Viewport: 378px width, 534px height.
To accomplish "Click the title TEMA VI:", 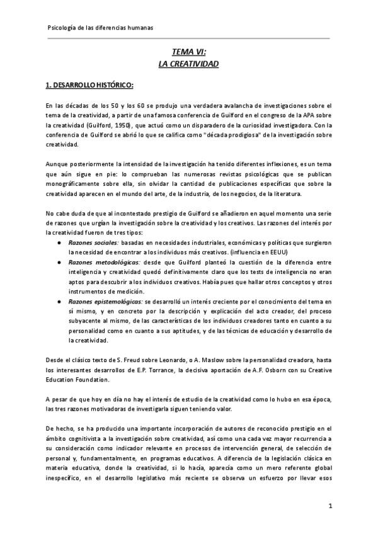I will coord(188,54).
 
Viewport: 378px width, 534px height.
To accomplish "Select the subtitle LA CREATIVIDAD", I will coord(188,65).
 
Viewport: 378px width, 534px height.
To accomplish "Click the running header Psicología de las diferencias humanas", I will coord(100,28).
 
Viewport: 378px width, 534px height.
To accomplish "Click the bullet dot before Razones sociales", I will coord(59,242).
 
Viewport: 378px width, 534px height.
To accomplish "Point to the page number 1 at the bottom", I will coord(330,506).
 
